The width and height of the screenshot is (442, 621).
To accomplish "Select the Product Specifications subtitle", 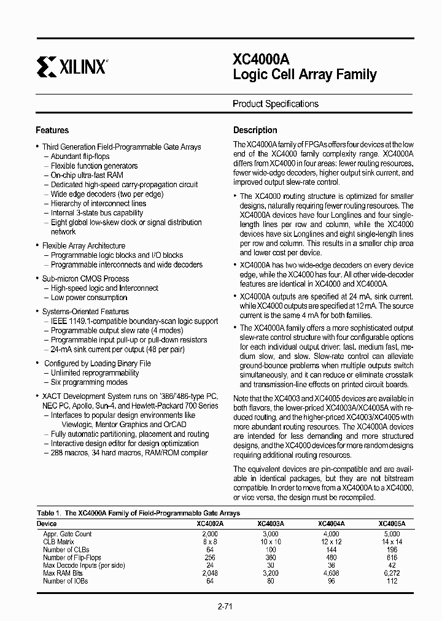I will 275,104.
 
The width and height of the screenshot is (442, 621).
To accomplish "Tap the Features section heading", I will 52,130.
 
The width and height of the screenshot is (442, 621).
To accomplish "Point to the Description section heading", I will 255,130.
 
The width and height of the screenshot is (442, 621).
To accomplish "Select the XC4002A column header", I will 210,524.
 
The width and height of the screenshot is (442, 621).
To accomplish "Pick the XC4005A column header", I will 392,524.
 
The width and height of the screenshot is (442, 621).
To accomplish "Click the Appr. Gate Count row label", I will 68,534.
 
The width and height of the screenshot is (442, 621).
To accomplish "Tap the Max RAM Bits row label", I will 63,573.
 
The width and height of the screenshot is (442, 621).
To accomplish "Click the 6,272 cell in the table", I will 392,573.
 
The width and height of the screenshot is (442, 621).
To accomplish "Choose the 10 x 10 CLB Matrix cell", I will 271,542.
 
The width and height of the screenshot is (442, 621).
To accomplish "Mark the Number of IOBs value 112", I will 392,580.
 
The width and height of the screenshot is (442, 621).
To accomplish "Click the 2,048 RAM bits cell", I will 210,573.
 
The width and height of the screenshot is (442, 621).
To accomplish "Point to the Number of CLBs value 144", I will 331,550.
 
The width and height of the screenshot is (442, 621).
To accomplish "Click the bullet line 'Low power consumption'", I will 89,298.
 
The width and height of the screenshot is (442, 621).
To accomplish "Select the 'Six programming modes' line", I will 89,382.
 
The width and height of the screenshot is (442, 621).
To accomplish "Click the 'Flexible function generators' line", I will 94,166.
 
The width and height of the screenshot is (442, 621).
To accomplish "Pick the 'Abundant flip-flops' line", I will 80,156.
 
